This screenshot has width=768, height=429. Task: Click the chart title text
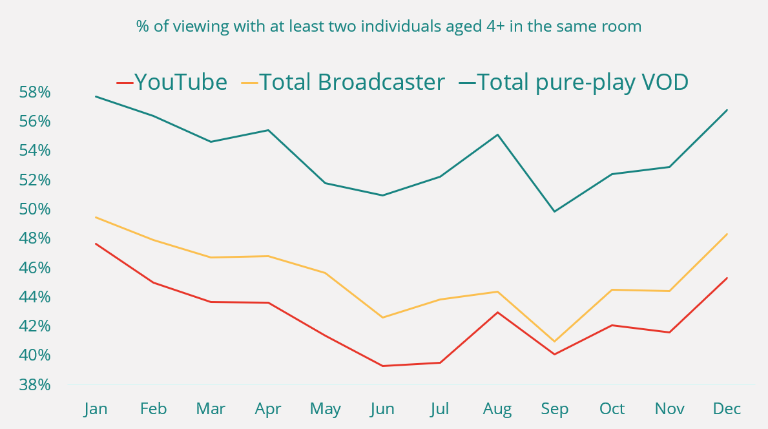click(388, 26)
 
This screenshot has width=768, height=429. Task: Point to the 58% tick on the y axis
click(35, 92)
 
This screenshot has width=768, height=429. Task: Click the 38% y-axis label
click(35, 385)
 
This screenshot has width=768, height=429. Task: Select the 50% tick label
click(35, 209)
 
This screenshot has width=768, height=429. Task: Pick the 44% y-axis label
click(35, 297)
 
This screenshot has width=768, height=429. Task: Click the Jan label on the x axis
click(96, 409)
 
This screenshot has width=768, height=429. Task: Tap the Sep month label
click(554, 409)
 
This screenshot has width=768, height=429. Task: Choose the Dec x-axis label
click(727, 409)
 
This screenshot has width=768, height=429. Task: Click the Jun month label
click(382, 409)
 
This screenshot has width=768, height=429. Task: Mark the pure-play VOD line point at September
click(554, 211)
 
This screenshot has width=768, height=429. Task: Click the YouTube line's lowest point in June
click(382, 366)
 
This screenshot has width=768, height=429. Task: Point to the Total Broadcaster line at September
click(554, 341)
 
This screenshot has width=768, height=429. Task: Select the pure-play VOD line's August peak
click(497, 134)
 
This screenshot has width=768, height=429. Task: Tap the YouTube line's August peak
click(497, 312)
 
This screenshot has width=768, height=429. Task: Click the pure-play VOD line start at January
click(96, 96)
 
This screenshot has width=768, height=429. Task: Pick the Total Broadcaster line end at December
click(727, 234)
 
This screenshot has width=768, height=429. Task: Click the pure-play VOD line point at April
click(268, 130)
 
